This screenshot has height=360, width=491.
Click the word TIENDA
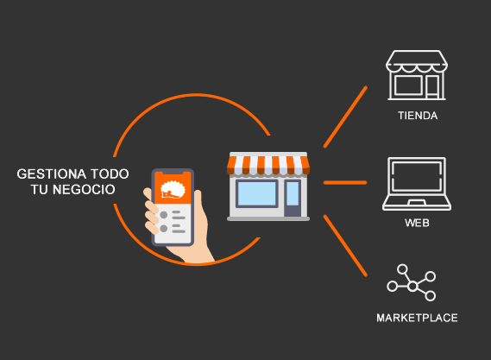click(418, 116)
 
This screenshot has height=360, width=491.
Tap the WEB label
click(417, 223)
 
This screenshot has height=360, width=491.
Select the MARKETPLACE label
click(417, 318)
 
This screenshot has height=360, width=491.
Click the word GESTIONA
click(52, 174)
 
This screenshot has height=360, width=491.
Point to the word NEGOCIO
click(84, 189)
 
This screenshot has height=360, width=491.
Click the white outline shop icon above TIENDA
click(417, 75)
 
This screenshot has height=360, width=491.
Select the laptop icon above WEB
click(417, 184)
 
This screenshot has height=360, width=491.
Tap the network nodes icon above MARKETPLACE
click(412, 282)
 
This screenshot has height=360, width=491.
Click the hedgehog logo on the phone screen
click(173, 190)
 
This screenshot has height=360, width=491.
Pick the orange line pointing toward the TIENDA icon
click(345, 117)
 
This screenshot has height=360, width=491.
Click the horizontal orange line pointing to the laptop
click(345, 182)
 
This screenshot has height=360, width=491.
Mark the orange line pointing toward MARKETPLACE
click(345, 246)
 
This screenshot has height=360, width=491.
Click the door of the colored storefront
click(293, 198)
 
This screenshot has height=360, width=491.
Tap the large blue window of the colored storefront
click(257, 193)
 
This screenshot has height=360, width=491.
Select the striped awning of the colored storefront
click(268, 165)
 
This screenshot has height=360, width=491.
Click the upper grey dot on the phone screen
click(163, 215)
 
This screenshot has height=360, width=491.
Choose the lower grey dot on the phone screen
click(163, 229)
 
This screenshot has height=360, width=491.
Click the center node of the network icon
click(412, 286)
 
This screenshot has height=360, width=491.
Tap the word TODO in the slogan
click(110, 174)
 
